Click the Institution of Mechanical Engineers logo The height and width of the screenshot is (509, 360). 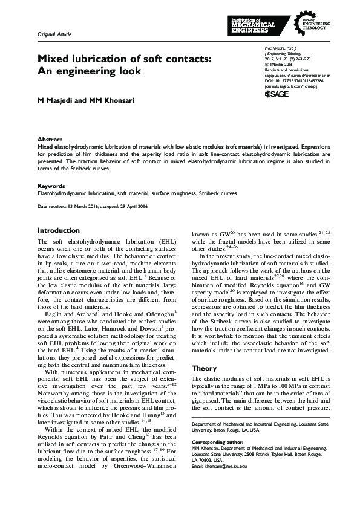(254, 25)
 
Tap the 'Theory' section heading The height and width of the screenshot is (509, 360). (204, 368)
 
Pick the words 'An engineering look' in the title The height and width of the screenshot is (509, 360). (89, 71)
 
